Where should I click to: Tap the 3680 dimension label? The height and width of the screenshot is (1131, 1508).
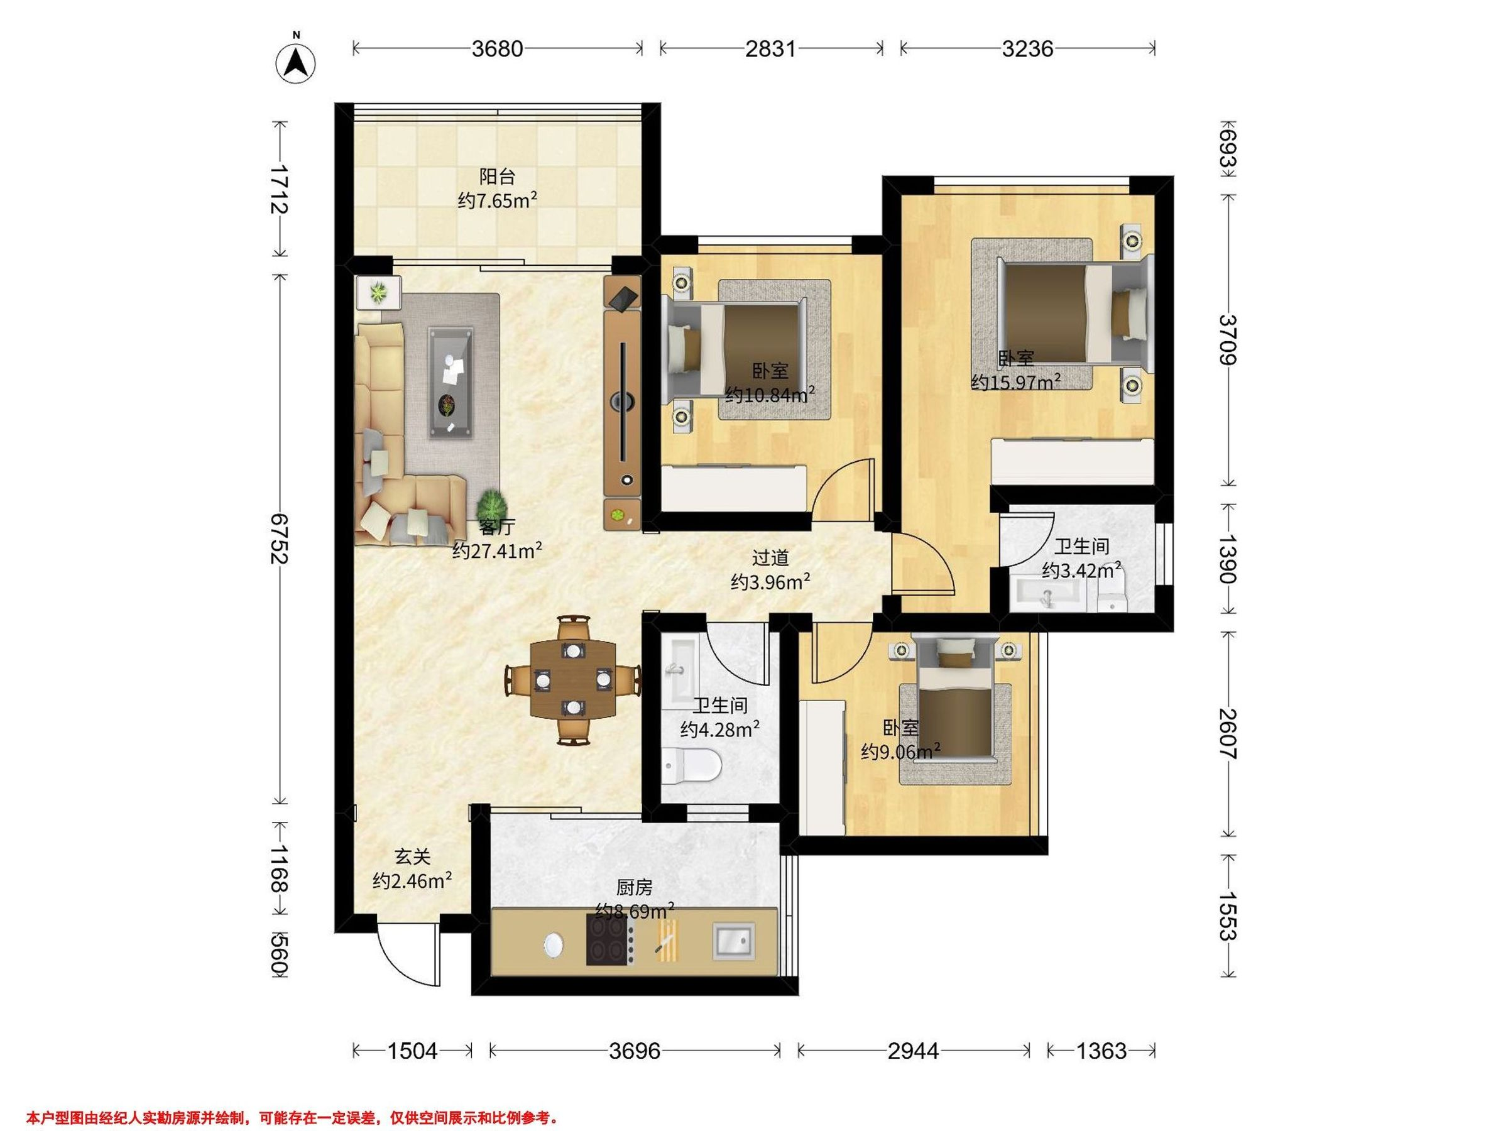pyautogui.click(x=498, y=48)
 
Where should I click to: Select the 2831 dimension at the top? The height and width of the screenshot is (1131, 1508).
pyautogui.click(x=770, y=48)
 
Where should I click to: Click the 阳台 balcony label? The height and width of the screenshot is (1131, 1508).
pyautogui.click(x=497, y=177)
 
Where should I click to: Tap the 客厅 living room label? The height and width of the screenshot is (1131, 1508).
pyautogui.click(x=497, y=527)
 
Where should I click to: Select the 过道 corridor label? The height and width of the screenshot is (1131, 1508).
pyautogui.click(x=770, y=558)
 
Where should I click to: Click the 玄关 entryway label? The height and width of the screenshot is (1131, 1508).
pyautogui.click(x=412, y=856)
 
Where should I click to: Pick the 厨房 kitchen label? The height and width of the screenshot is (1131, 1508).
pyautogui.click(x=634, y=887)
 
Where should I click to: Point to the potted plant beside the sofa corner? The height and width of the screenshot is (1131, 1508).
pyautogui.click(x=492, y=506)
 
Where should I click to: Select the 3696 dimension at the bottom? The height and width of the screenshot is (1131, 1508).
pyautogui.click(x=635, y=1051)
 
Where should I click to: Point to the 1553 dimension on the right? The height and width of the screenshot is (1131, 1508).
pyautogui.click(x=1228, y=915)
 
